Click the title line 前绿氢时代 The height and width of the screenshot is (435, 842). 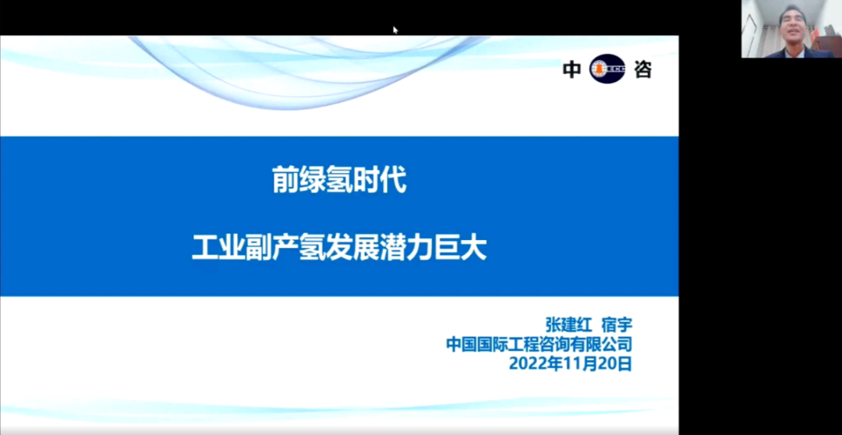coord(339,179)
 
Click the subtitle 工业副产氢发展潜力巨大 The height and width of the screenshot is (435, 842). coord(339,249)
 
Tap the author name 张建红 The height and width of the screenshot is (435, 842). coord(568,325)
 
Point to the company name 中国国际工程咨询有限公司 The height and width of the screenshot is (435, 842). coord(540,344)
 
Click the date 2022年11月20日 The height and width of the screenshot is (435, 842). coord(570,363)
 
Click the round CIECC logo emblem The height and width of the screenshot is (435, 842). coord(607,69)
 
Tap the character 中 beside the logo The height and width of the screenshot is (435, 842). coord(572,70)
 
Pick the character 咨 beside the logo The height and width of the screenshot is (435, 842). coord(642,70)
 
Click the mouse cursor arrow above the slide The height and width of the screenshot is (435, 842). coord(395,30)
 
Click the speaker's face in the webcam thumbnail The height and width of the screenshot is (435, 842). coord(793,25)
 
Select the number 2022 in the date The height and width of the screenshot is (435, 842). coord(525,363)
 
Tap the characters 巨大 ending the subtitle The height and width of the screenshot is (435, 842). coord(460,249)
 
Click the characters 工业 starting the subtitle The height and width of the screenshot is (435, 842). coord(218,249)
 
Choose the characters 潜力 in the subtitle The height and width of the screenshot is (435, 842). coord(406,249)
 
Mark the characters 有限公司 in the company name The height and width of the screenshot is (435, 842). coord(601,344)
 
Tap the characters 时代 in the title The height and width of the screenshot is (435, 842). coord(380,179)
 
